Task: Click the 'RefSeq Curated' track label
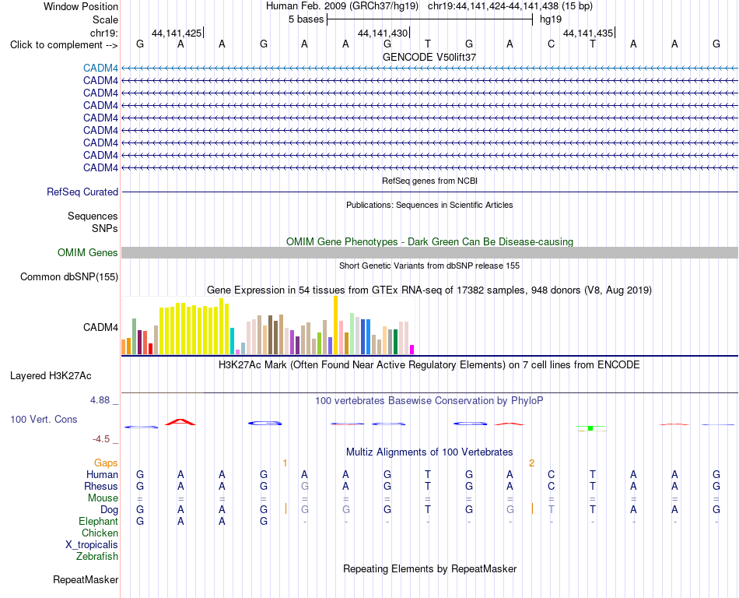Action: tap(82, 192)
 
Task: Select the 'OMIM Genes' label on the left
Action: tap(88, 252)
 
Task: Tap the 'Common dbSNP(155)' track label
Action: tap(69, 277)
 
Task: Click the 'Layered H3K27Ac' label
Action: tap(51, 376)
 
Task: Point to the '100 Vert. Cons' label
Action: tap(44, 419)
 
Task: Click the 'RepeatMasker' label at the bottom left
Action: tap(86, 579)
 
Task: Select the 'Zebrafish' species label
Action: tap(97, 557)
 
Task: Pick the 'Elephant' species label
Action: tap(99, 521)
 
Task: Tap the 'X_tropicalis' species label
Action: tap(92, 545)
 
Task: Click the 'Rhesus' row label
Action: tap(101, 486)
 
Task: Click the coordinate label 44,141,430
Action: tap(383, 33)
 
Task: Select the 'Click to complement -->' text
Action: tap(64, 45)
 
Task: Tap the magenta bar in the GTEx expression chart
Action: tap(412, 350)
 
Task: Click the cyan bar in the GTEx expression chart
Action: tap(232, 341)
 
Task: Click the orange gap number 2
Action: tap(531, 463)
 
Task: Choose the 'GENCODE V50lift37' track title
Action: tap(429, 57)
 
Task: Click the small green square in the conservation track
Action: tap(590, 428)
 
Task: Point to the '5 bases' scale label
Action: tap(306, 19)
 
